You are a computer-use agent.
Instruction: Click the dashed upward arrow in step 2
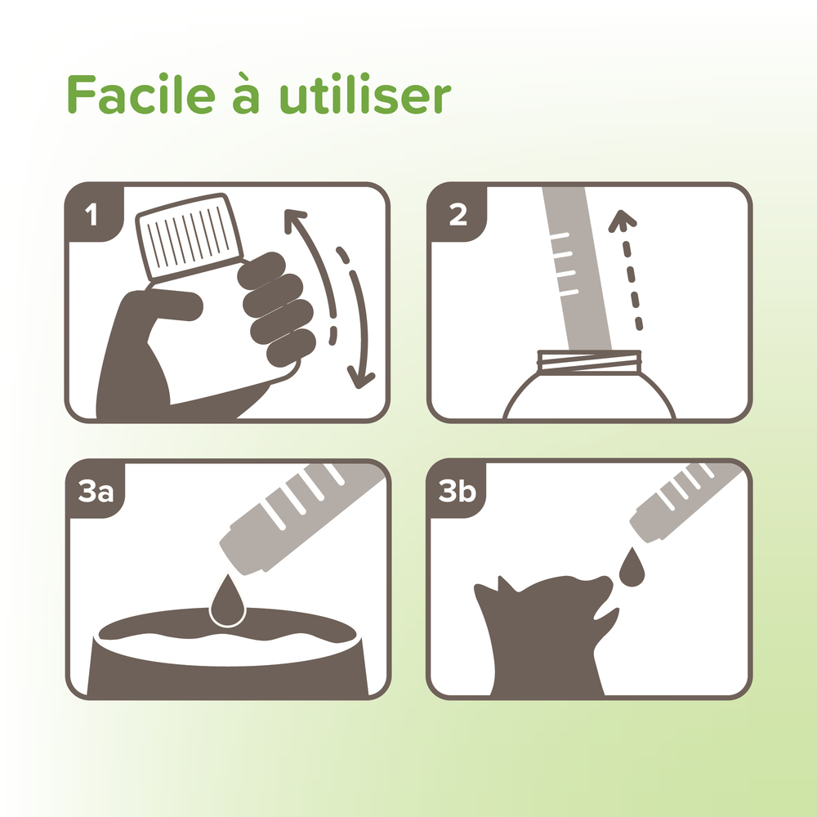tap(629, 270)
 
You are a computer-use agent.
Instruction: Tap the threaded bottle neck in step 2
tap(588, 360)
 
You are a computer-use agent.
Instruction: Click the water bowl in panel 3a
tap(228, 662)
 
